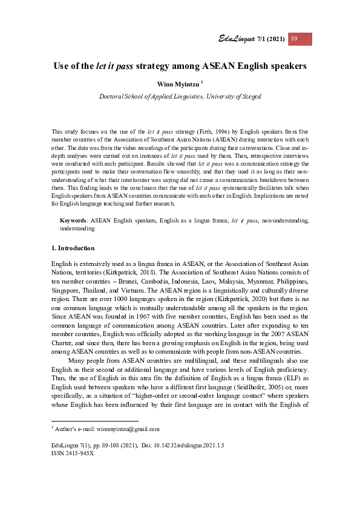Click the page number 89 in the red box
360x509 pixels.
295,39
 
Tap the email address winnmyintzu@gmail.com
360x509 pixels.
128,429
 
